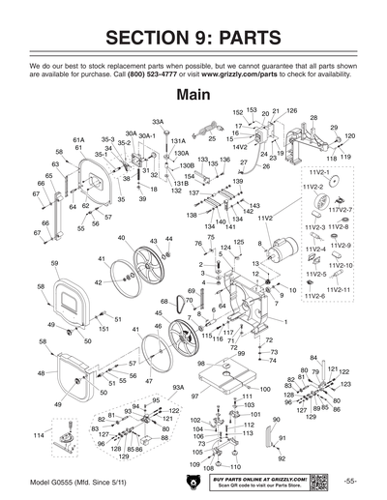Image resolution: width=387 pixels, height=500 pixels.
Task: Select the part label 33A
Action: pos(158,123)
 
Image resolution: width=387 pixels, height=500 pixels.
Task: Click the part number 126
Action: pos(291,111)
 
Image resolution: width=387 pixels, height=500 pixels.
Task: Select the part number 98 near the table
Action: pos(200,364)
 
